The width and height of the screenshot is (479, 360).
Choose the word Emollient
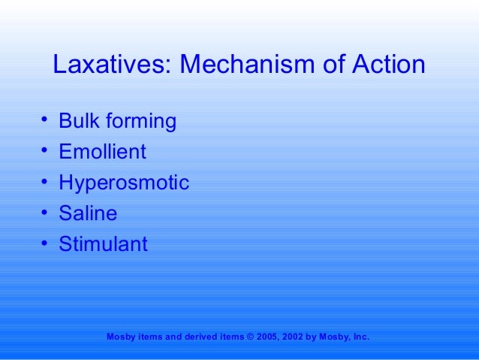(x=102, y=152)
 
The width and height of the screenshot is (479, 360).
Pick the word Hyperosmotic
(x=124, y=183)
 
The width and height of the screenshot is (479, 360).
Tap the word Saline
(x=88, y=213)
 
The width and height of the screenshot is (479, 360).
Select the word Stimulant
(x=103, y=244)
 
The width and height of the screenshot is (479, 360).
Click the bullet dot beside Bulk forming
(x=45, y=120)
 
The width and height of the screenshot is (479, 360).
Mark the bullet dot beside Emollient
(x=45, y=151)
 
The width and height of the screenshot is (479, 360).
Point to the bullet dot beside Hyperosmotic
(x=45, y=182)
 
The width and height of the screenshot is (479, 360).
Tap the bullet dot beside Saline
(x=45, y=213)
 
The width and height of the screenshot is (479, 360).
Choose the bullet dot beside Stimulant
(x=45, y=244)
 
